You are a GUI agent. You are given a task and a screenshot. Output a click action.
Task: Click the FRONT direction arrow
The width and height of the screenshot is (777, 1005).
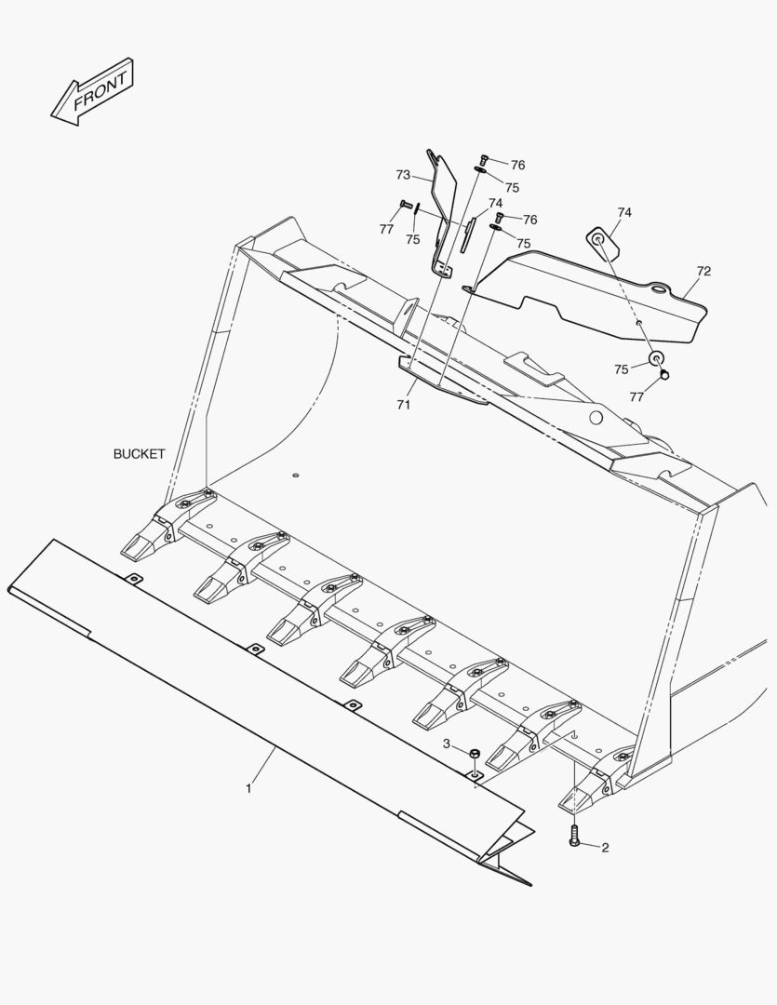92,91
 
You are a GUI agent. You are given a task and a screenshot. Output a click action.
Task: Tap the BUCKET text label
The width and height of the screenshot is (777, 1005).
140,454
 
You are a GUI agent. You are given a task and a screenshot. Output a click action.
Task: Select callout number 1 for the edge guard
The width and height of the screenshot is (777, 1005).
248,788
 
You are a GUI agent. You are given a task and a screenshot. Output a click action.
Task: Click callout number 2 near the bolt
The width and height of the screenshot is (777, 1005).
605,848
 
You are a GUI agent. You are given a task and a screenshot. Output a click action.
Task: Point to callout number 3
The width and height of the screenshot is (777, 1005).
447,744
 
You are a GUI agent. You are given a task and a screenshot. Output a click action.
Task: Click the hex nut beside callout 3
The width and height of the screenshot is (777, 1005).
475,753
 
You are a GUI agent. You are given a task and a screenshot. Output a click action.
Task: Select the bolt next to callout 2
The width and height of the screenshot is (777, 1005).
574,836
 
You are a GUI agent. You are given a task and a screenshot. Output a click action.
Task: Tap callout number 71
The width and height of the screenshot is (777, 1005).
403,405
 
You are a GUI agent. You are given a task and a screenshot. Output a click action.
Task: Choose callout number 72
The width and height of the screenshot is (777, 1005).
703,271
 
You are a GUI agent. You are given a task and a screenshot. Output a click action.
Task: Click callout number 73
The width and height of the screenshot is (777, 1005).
403,174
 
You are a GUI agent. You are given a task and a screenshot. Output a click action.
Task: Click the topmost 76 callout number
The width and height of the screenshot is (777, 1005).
517,166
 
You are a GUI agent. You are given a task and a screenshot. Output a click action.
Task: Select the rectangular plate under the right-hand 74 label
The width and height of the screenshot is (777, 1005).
604,244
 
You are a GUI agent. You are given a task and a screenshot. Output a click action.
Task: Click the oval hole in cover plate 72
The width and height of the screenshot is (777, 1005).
659,289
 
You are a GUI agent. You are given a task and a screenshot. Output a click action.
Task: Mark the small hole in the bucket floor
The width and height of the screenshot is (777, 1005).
296,475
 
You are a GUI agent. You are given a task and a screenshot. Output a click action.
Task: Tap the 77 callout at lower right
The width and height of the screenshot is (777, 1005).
636,397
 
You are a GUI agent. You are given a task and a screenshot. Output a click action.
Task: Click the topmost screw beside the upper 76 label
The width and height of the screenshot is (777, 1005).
484,159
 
